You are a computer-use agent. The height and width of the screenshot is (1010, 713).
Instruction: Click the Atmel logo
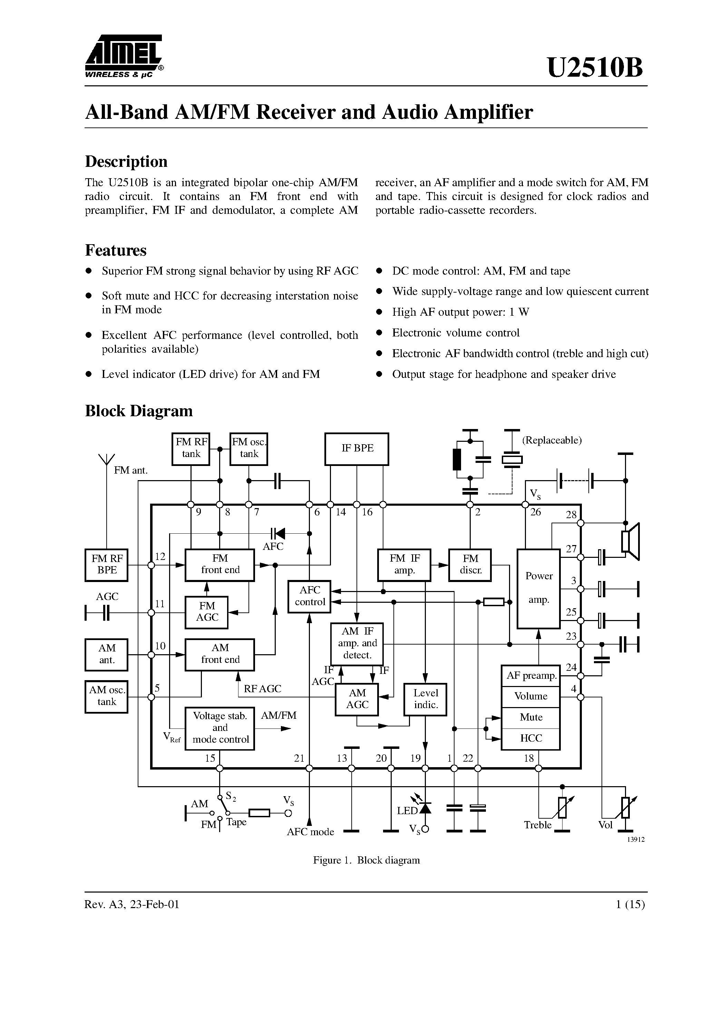coord(124,56)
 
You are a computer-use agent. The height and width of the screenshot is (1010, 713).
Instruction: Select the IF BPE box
coord(356,449)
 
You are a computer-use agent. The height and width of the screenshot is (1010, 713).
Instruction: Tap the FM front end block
coord(220,565)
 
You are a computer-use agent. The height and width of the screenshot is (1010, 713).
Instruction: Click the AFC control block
coord(310,597)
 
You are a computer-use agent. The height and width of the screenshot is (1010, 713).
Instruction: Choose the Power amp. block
coord(538,589)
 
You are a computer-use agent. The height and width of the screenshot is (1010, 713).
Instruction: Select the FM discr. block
coord(470,565)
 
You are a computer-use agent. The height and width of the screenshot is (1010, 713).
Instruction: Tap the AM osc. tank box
coord(106,696)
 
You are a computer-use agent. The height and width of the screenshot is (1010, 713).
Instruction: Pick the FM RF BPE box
coord(106,565)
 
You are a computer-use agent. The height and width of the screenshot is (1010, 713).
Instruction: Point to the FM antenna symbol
coord(106,460)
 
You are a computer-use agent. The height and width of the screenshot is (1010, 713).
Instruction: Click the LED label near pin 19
coord(407,811)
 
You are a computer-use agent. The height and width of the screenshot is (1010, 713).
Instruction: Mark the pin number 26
coord(535,512)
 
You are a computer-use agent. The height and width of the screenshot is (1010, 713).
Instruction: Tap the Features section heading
coord(116,250)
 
